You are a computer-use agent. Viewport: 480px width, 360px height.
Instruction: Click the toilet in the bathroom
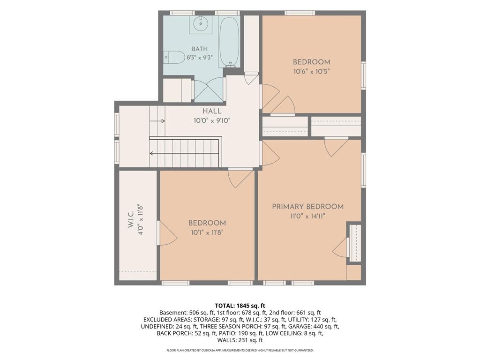(x=174, y=57)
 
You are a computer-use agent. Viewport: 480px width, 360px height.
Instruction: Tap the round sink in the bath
(x=201, y=23)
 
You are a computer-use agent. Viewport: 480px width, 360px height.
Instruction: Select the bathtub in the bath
(x=229, y=42)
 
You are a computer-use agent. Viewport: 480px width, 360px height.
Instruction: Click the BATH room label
(x=200, y=49)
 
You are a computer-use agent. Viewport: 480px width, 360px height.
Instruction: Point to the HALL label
(x=212, y=112)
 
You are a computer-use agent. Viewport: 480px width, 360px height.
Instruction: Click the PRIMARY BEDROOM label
(x=307, y=207)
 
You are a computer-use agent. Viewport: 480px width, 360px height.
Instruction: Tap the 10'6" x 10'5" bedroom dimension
(x=311, y=72)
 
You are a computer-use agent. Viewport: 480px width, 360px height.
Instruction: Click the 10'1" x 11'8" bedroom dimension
(x=207, y=232)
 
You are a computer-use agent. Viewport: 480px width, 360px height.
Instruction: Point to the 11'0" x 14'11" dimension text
(x=307, y=216)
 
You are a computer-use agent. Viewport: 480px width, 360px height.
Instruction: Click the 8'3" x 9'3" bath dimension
(x=200, y=58)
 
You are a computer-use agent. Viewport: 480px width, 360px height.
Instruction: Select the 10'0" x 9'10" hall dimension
(x=212, y=121)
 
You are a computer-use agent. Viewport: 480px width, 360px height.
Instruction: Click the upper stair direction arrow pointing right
(x=157, y=121)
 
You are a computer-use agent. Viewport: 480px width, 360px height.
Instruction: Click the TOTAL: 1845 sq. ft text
(x=240, y=306)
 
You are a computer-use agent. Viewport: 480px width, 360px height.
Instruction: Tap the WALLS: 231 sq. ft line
(x=240, y=340)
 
